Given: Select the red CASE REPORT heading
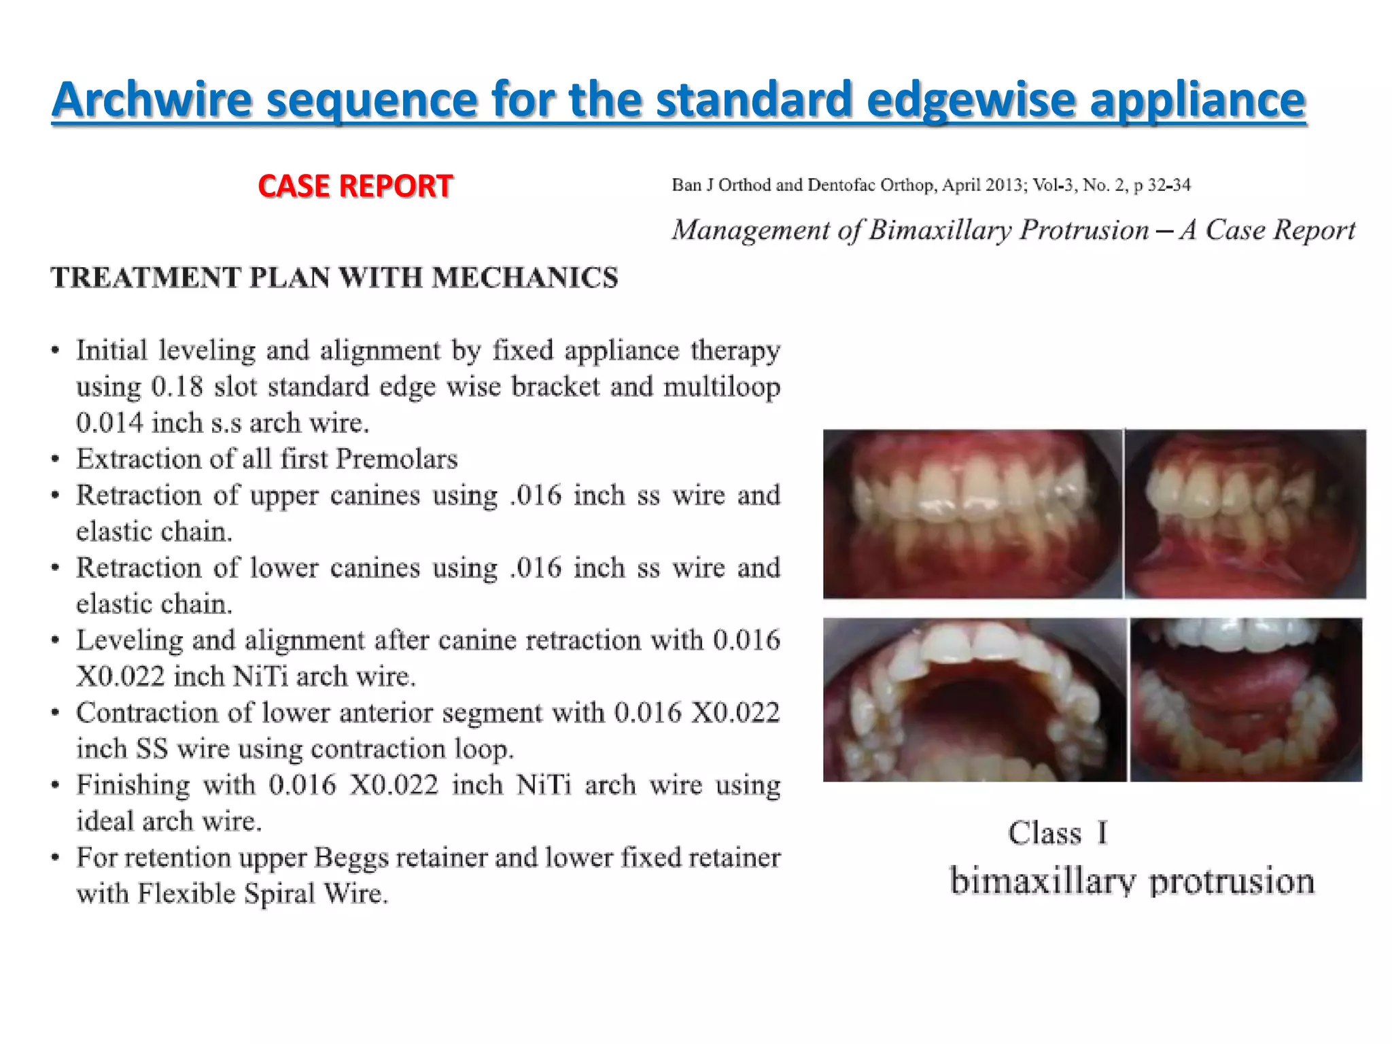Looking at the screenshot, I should coord(355,186).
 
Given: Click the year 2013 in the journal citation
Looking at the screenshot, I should coord(1002,185).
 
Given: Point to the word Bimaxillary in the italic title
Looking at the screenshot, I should coord(940,230).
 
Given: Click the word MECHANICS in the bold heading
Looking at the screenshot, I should coord(525,278).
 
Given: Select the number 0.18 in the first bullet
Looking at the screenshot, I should coord(177,387).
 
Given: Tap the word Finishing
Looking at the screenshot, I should coord(133,785).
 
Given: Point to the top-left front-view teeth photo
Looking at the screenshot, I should coord(972,514).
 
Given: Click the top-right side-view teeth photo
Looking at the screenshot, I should coord(1245,514).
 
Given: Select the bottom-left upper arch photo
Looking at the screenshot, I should coord(974,700).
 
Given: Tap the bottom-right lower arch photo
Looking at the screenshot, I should coord(1246,700).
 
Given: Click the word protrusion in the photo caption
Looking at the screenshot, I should coord(1232,882).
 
